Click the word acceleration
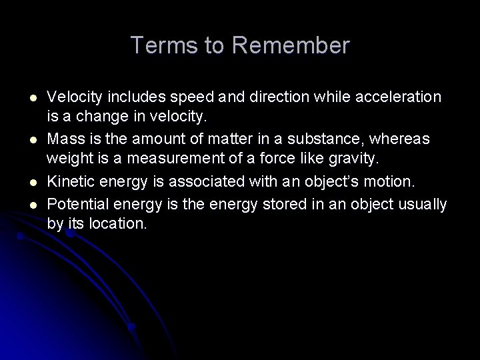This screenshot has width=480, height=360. click(401, 97)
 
